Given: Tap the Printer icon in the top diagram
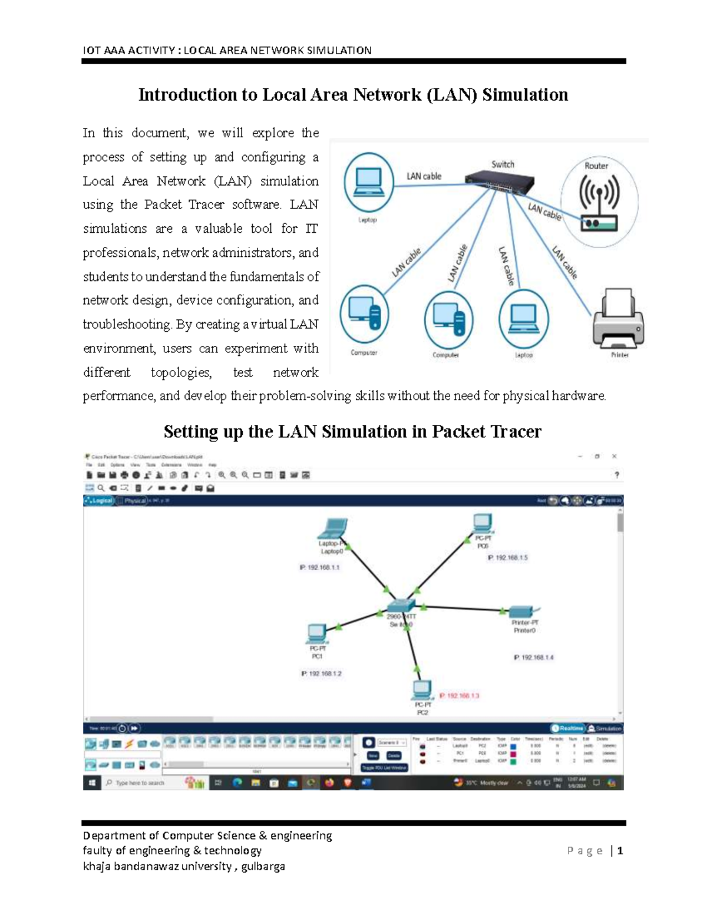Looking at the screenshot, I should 619,319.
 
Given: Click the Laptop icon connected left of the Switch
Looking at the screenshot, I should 369,181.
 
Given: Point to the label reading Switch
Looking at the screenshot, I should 503,164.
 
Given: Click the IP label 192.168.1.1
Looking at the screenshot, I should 320,567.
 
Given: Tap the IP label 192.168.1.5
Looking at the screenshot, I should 507,557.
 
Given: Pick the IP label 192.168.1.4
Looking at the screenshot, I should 534,658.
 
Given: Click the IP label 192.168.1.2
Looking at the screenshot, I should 322,673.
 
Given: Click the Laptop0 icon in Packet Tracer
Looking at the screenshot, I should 334,528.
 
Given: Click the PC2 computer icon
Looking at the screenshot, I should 422,689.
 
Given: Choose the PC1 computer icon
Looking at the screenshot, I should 317,633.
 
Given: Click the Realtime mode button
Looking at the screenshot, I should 567,728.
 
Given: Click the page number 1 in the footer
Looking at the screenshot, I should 620,851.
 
